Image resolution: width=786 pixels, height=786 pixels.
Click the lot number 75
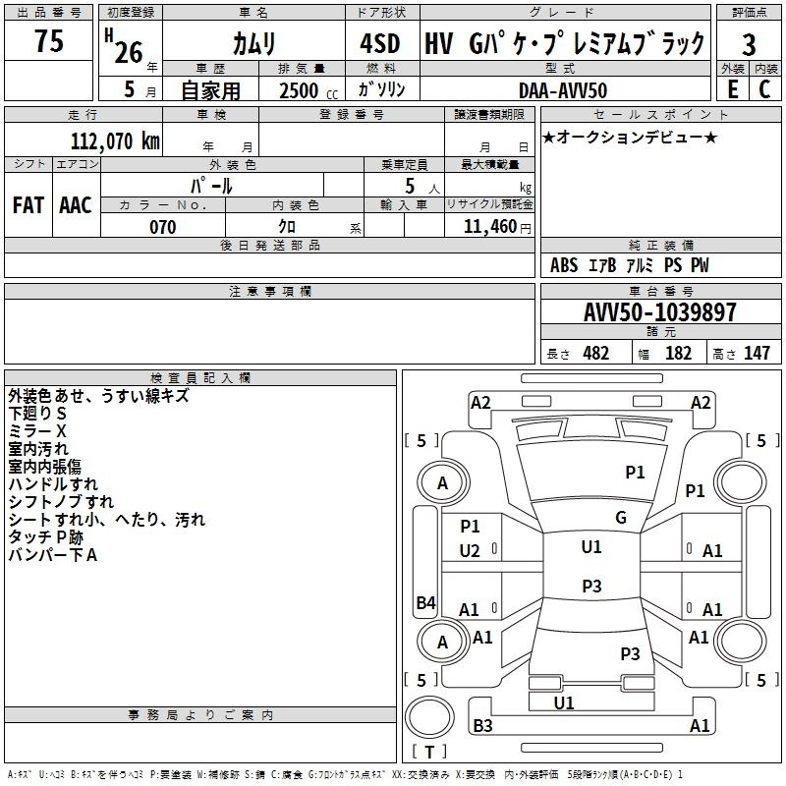click(49, 40)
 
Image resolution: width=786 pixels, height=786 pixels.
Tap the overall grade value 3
click(749, 44)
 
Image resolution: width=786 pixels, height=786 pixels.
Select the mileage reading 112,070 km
click(115, 140)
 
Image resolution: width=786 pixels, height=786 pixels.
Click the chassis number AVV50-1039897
click(659, 312)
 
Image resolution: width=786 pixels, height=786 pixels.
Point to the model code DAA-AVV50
click(563, 90)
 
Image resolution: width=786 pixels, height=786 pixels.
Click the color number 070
click(162, 227)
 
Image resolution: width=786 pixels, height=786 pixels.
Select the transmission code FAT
click(28, 205)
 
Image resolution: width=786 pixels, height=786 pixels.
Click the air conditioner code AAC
click(76, 205)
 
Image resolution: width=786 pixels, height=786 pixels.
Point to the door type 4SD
click(380, 43)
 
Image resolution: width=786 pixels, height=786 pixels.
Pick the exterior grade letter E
click(732, 89)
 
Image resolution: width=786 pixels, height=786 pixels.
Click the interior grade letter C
click(764, 89)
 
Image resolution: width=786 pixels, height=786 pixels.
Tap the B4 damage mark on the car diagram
click(426, 602)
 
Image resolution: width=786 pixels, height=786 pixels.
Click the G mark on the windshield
click(621, 518)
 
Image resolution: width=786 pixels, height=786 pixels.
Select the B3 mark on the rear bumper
click(482, 725)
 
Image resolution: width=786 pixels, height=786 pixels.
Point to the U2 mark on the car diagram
click(470, 551)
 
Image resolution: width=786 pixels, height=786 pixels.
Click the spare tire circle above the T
click(429, 717)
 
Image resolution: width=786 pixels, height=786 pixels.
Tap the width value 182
click(678, 353)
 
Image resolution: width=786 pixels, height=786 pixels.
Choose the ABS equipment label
click(564, 264)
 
